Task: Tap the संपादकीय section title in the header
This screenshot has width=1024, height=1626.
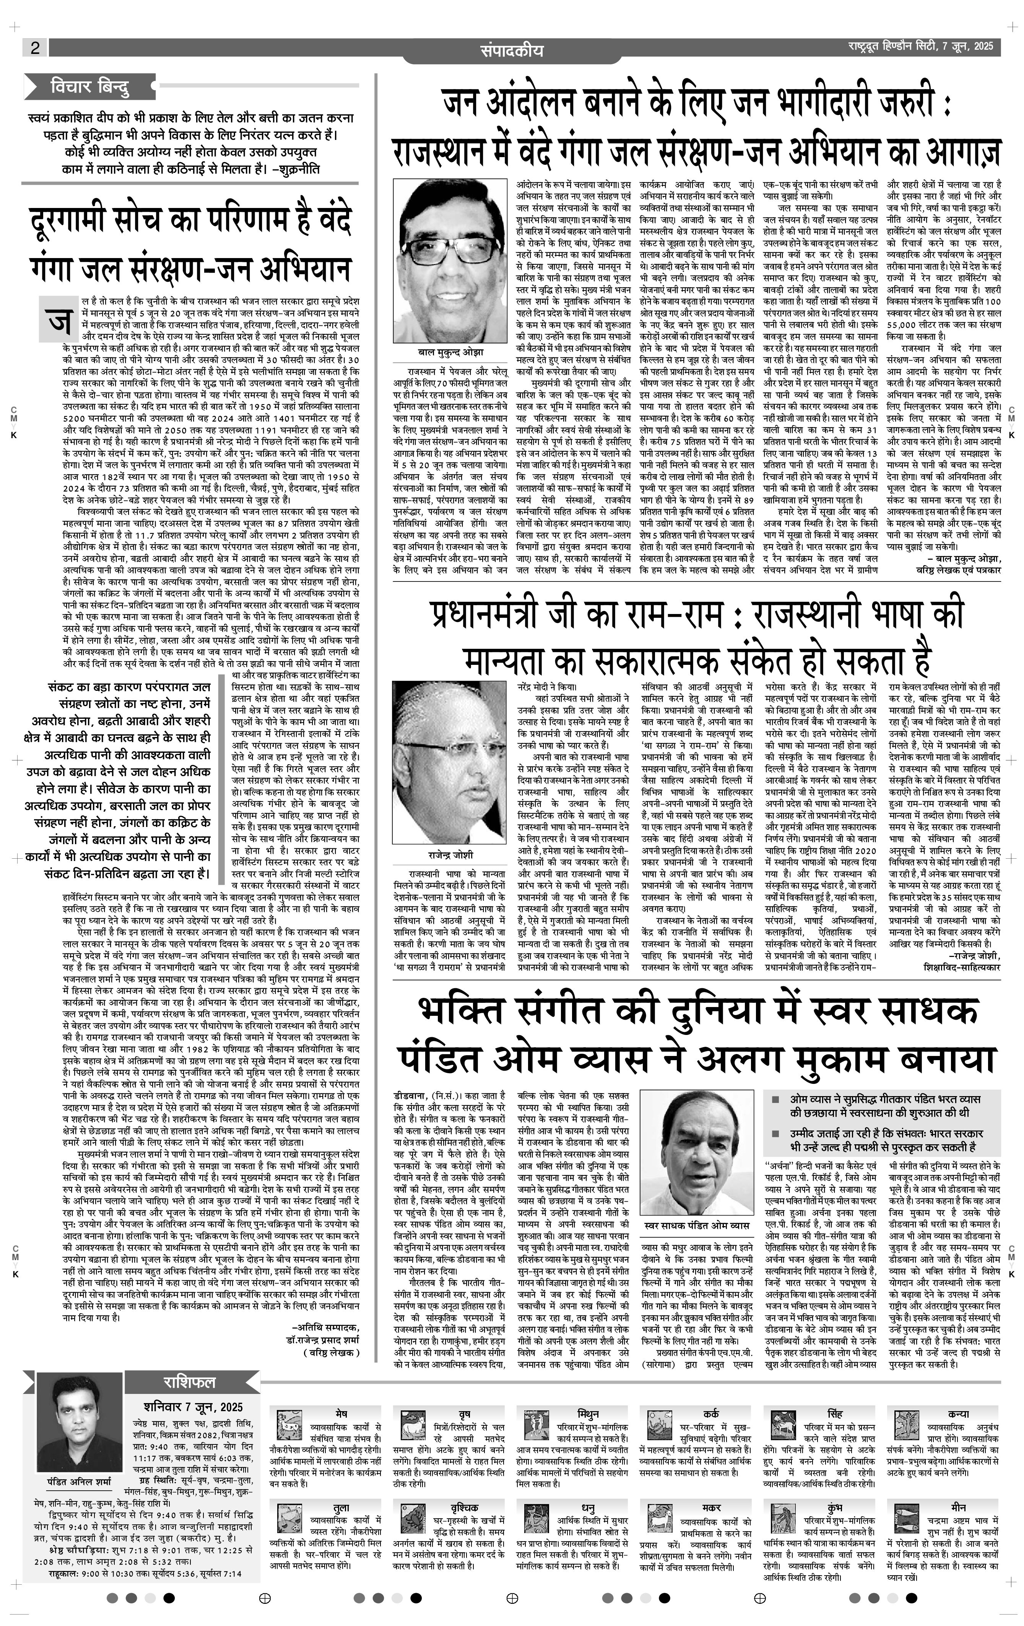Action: click(x=511, y=50)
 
